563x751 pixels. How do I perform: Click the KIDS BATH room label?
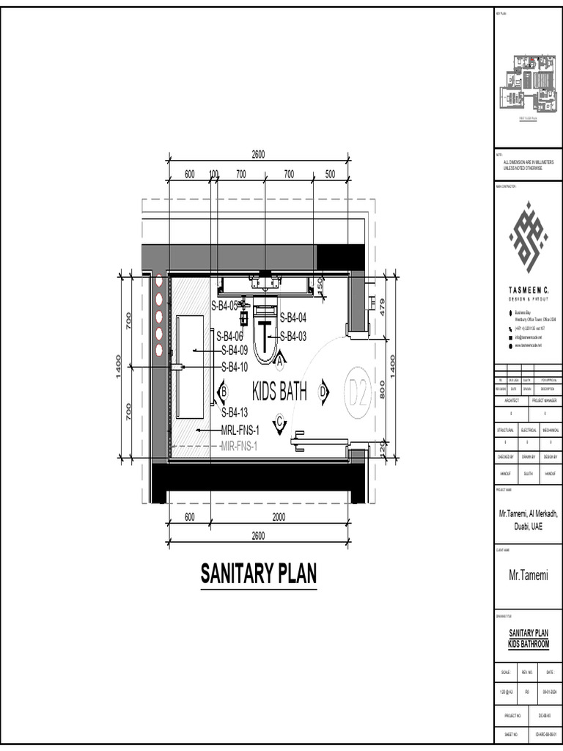click(279, 391)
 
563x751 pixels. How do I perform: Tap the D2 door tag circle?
click(357, 394)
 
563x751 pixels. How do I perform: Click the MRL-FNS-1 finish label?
click(240, 431)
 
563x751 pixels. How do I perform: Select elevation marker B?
click(223, 392)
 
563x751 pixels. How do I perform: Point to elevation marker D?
click(323, 392)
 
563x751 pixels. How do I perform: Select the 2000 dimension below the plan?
click(259, 517)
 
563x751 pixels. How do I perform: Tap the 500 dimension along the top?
click(330, 174)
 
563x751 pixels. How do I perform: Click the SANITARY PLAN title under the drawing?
click(259, 573)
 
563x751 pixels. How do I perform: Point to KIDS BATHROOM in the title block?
click(528, 643)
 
